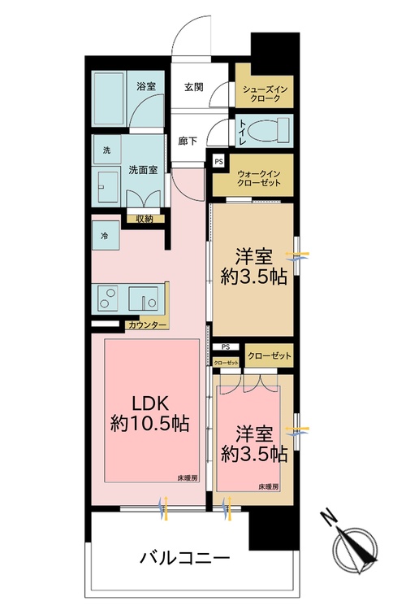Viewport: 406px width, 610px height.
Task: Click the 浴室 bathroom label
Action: (146, 85)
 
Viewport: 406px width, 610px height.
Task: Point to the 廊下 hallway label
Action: (188, 140)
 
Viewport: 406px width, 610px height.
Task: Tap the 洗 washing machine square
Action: (106, 150)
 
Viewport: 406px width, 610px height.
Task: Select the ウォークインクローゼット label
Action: (259, 178)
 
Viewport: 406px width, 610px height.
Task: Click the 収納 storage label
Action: (145, 218)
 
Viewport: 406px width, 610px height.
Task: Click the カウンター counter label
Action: (147, 325)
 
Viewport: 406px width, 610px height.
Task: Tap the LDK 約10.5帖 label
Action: (150, 413)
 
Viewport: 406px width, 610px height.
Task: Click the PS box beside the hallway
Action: (217, 162)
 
